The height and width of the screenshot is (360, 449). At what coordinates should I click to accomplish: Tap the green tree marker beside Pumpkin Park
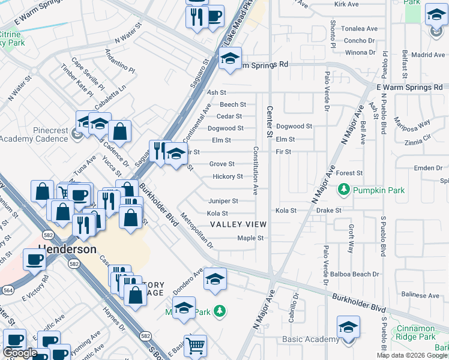point(344,191)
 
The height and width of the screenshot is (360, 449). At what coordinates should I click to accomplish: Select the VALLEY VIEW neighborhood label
point(238,224)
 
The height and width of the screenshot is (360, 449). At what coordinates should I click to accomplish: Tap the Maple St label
point(250,238)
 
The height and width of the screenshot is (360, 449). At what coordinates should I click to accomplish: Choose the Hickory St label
point(228,176)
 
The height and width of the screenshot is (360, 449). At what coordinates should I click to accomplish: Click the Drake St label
point(328,211)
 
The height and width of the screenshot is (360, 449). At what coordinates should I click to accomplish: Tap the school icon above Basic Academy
point(347,327)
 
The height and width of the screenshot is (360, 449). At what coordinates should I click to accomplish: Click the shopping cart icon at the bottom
point(195,345)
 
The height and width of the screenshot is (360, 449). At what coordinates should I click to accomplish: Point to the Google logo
point(20,353)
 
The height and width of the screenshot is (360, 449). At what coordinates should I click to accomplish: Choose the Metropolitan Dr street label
point(197,232)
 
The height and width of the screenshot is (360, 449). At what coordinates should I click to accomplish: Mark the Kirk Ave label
point(346,4)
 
